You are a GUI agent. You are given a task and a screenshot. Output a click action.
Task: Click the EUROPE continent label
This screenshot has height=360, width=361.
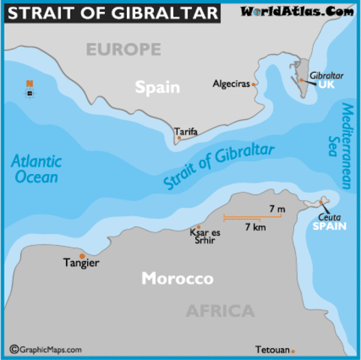[x=122, y=50]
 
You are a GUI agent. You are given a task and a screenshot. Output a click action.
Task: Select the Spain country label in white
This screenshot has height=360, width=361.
[x=158, y=87]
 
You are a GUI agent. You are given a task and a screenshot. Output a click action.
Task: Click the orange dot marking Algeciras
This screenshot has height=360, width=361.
[x=255, y=84]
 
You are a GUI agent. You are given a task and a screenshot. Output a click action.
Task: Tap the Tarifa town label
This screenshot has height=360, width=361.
[x=186, y=132]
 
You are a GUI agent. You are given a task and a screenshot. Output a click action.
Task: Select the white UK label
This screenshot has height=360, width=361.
[x=326, y=85]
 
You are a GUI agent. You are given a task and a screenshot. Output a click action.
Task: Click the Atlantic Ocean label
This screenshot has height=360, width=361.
[x=37, y=169]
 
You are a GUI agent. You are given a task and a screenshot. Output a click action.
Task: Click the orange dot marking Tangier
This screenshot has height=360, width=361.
[x=82, y=256]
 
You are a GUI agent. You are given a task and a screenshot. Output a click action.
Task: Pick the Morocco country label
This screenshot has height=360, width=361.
[x=178, y=279]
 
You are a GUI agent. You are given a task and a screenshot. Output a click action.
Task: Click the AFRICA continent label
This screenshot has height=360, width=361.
[x=220, y=311]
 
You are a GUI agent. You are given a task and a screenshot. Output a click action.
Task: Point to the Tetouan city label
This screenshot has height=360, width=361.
[x=271, y=350]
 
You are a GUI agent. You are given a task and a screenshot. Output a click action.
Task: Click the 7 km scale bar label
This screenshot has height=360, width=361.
[x=257, y=226]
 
